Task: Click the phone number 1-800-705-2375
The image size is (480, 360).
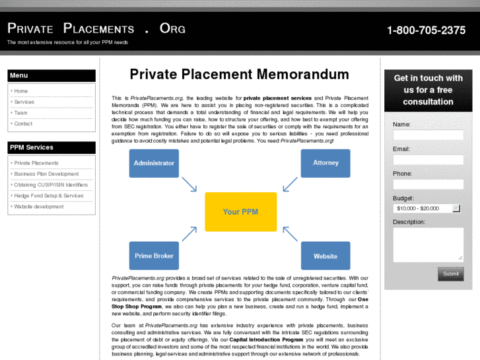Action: coord(426,30)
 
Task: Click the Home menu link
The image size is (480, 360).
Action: coord(21,91)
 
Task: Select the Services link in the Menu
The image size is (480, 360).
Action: coord(24,102)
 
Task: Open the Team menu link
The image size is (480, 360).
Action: coord(21,113)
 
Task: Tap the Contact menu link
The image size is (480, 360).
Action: coord(23,124)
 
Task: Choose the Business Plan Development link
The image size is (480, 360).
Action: coord(46,174)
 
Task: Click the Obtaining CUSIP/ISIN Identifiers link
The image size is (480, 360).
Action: coord(51,185)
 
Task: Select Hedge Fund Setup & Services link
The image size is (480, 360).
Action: coord(49,196)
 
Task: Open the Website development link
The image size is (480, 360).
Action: coord(39,207)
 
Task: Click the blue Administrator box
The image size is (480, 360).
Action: coord(154,163)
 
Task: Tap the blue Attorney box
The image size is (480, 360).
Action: coord(326,163)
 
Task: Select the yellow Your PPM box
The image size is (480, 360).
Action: coord(240,212)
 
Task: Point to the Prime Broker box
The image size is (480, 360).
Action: coord(154,256)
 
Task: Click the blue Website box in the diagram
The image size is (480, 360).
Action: coord(326,256)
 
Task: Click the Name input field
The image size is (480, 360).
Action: coord(428,135)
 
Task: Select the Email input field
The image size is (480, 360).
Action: coord(428,159)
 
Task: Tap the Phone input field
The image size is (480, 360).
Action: coord(428,184)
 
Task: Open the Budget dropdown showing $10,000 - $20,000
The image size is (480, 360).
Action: coord(427,208)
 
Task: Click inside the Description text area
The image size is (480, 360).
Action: coord(428,244)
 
